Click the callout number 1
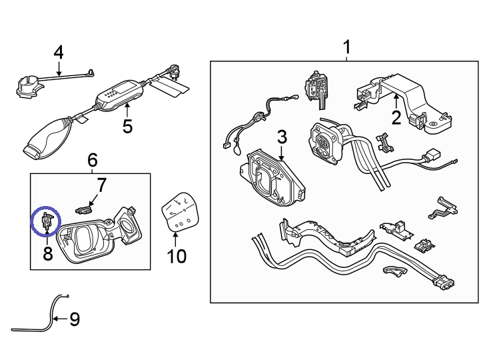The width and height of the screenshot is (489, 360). pos(346,47)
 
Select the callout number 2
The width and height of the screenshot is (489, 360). pos(396,118)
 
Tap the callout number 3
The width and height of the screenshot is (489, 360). pos(282,137)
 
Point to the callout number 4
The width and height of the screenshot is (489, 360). pos(59,52)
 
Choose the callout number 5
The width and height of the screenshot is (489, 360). pos(127,125)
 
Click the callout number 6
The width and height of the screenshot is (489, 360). pos(93,159)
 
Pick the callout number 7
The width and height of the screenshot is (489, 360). pos(101,184)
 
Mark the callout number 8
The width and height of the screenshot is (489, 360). pos(47,253)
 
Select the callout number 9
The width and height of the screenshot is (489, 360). pos(74,320)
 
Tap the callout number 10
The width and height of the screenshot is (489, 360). pos(177,255)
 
